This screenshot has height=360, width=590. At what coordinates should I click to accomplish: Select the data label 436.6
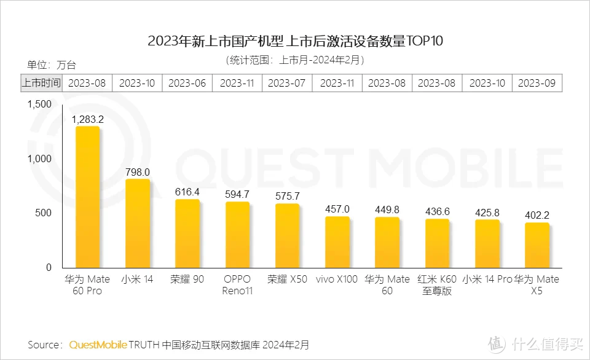click(x=437, y=211)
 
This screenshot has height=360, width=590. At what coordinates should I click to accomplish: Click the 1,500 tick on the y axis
click(x=40, y=104)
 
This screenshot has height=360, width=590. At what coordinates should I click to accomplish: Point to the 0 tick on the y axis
click(x=49, y=268)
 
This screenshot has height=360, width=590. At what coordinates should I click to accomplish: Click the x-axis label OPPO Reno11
click(x=237, y=285)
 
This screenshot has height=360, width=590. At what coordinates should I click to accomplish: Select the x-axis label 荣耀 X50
click(x=287, y=280)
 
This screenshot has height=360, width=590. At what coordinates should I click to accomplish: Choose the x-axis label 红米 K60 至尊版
click(x=437, y=285)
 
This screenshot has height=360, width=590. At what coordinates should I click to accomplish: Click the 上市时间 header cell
click(x=42, y=83)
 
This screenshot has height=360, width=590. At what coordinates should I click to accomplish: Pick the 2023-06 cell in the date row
click(x=187, y=83)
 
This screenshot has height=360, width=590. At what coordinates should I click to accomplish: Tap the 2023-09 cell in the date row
click(x=537, y=83)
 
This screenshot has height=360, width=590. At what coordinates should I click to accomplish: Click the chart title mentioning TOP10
click(x=295, y=42)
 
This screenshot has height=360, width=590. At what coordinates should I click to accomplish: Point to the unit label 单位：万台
click(x=52, y=65)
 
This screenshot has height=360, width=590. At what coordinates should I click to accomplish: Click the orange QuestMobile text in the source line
click(x=98, y=345)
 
